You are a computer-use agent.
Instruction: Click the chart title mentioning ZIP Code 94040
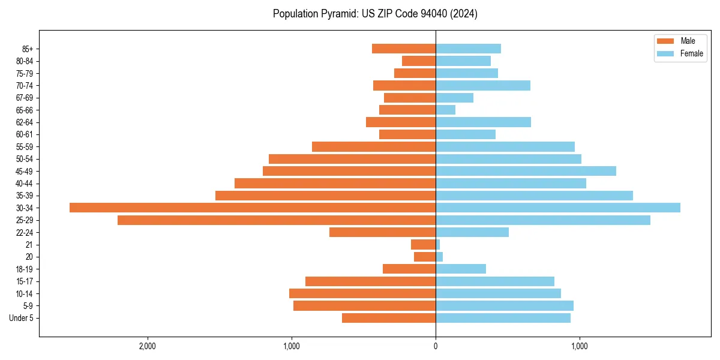coord(375,14)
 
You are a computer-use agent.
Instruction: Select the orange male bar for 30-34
coord(253,208)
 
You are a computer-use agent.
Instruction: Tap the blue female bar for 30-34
coord(558,208)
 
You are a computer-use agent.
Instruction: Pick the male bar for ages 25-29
coord(277,220)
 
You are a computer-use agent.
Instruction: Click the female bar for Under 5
coord(503,318)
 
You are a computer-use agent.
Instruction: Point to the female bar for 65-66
coord(446,110)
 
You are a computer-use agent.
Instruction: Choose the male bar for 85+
coord(404,49)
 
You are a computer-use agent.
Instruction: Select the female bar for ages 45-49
coord(526,171)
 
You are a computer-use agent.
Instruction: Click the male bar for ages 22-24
coord(382,232)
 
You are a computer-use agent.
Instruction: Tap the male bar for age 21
coord(423,245)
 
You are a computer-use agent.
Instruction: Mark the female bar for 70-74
coord(483,86)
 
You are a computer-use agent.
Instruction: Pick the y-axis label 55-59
coord(25,147)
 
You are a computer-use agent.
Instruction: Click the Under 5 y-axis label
coord(22,318)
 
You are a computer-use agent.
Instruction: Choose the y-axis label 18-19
coord(25,269)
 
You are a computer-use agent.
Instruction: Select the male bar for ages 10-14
coord(362,293)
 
